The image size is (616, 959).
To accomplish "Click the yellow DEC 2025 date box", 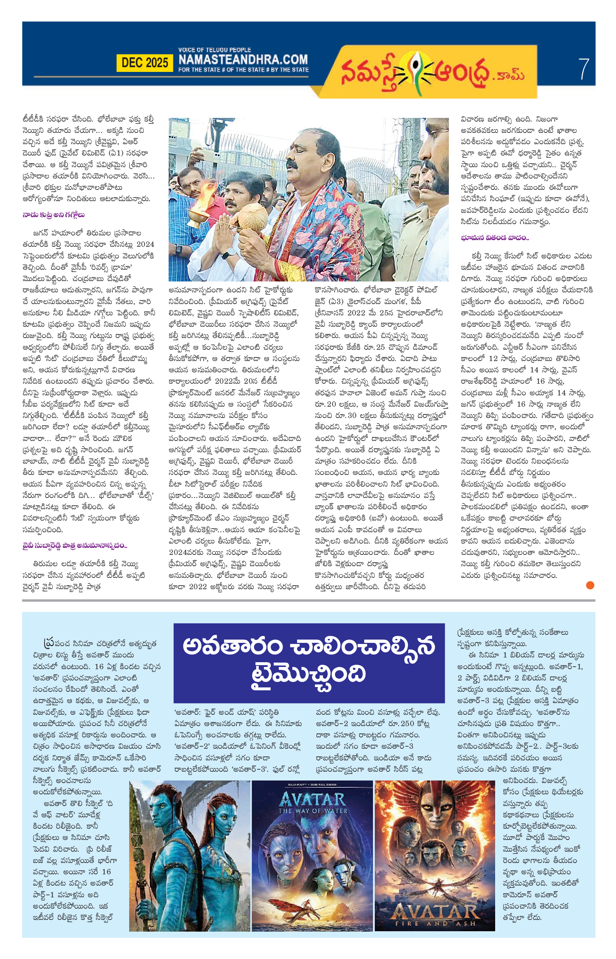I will pyautogui.click(x=145, y=63).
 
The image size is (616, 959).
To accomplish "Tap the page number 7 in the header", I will pyautogui.click(x=584, y=69).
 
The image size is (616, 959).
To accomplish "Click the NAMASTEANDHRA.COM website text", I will pyautogui.click(x=243, y=60).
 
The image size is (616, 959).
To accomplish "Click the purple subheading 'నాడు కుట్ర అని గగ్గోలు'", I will pyautogui.click(x=54, y=215).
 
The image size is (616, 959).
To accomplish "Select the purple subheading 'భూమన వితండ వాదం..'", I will pyautogui.click(x=494, y=238).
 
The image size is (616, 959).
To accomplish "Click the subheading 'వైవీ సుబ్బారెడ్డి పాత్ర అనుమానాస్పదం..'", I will pyautogui.click(x=75, y=545).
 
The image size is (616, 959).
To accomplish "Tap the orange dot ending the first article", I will pyautogui.click(x=590, y=585).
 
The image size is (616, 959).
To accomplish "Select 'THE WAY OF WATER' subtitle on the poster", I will pyautogui.click(x=312, y=810).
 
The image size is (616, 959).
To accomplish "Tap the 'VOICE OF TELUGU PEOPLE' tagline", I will pyautogui.click(x=215, y=50).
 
